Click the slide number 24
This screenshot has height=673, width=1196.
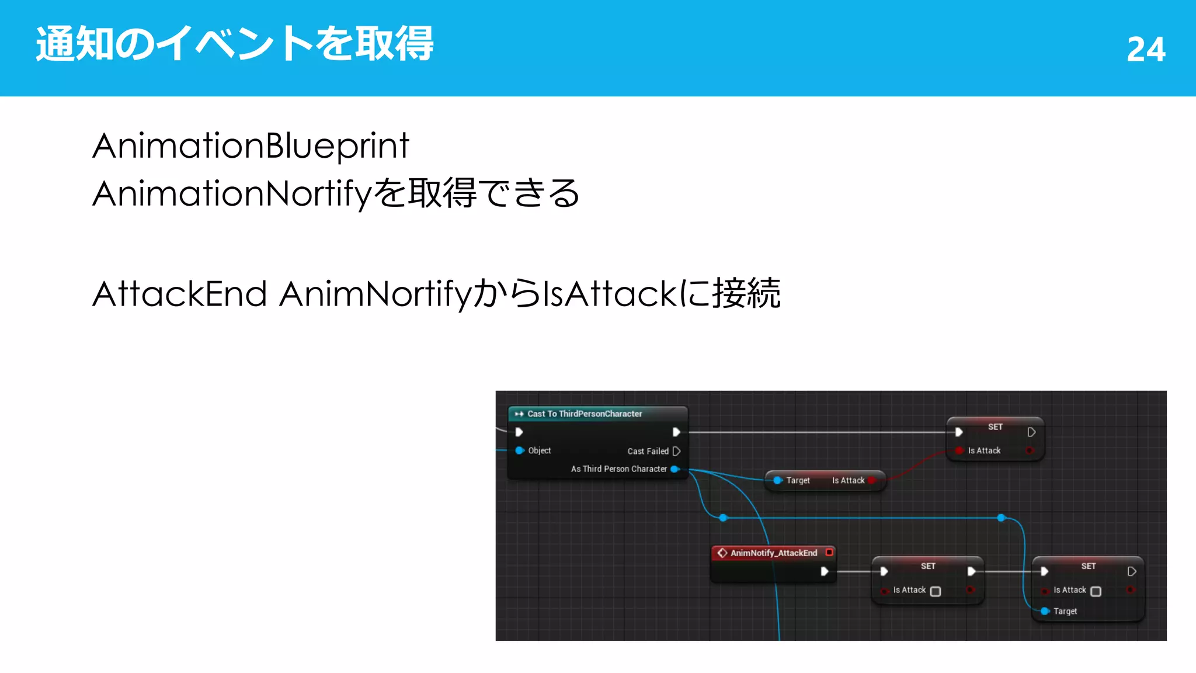click(x=1146, y=49)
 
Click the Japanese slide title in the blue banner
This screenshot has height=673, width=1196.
click(x=235, y=44)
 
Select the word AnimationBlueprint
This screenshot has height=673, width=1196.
click(x=251, y=145)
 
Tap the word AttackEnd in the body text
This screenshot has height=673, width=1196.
click(x=179, y=293)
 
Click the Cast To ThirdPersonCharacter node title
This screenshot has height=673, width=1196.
click(x=585, y=414)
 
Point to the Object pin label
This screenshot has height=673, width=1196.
click(x=539, y=450)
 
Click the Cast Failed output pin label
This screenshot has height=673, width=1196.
click(x=648, y=451)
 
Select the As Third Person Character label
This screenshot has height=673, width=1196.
click(x=618, y=469)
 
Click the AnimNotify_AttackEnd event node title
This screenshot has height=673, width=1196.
click(x=773, y=553)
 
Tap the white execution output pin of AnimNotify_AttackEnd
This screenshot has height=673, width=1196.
click(x=824, y=571)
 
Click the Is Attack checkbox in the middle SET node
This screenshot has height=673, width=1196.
click(x=935, y=591)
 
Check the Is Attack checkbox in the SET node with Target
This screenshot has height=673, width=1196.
click(x=1096, y=591)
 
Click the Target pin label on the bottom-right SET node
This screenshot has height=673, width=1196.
click(x=1065, y=611)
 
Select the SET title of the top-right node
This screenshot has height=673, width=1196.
click(x=995, y=427)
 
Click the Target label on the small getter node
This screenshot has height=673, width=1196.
click(x=798, y=480)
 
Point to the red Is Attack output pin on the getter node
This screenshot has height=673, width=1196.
click(x=872, y=480)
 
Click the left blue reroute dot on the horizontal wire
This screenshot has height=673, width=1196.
click(x=723, y=518)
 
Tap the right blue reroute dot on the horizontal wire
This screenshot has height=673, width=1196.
click(x=1001, y=518)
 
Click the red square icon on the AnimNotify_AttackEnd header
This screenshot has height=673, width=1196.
click(x=829, y=552)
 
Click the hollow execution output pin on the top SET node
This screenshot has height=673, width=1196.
click(x=1031, y=432)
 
